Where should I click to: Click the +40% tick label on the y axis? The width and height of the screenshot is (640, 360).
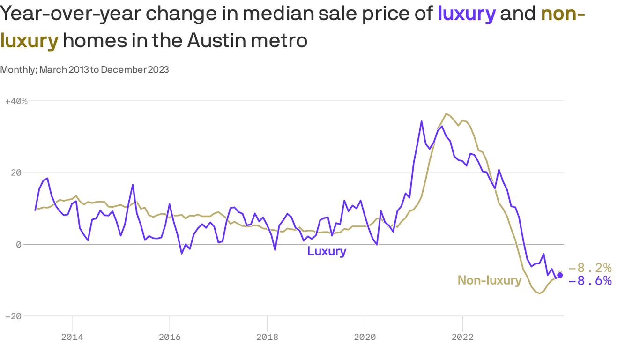pyautogui.click(x=16, y=101)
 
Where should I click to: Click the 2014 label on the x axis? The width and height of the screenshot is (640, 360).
pyautogui.click(x=72, y=337)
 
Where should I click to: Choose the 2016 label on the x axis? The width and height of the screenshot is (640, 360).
pyautogui.click(x=170, y=337)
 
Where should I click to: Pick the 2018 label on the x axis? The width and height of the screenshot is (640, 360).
pyautogui.click(x=267, y=337)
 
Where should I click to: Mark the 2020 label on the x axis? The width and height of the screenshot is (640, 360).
pyautogui.click(x=365, y=337)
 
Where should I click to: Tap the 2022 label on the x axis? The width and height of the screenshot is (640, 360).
pyautogui.click(x=462, y=337)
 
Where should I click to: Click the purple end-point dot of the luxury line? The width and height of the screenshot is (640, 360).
pyautogui.click(x=560, y=275)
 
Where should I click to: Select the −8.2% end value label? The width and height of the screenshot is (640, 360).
pyautogui.click(x=590, y=268)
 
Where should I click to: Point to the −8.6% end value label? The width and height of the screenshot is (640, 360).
pyautogui.click(x=590, y=281)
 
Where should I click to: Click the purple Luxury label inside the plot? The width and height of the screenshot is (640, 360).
pyautogui.click(x=327, y=251)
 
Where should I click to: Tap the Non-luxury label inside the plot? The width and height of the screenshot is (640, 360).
pyautogui.click(x=489, y=280)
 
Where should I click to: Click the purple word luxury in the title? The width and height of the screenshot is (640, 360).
pyautogui.click(x=466, y=14)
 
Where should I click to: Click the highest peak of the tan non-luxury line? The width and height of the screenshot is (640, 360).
pyautogui.click(x=446, y=113)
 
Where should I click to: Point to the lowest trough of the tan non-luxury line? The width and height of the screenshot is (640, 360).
pyautogui.click(x=540, y=293)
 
